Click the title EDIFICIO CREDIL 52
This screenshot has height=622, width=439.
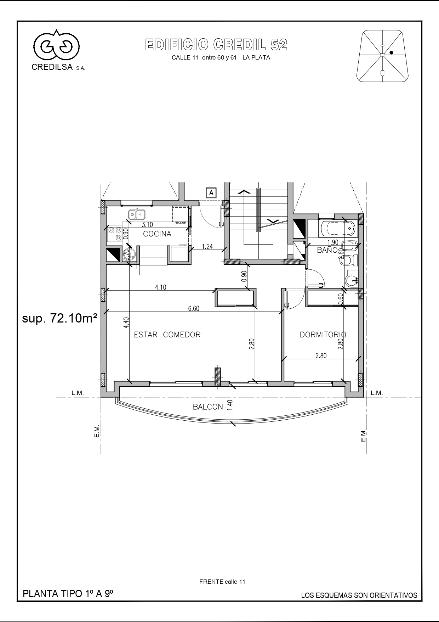point(216,45)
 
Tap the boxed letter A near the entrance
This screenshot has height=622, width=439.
point(211,193)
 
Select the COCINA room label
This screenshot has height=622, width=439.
point(157,234)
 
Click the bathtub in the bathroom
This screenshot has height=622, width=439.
point(337,229)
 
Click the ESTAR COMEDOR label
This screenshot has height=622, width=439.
point(167,335)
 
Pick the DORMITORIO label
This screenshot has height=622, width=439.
point(323,335)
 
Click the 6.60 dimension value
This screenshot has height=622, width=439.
point(194,309)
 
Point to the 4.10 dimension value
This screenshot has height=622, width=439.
point(161,287)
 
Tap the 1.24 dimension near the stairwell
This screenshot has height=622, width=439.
point(207,247)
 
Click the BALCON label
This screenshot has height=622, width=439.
point(208,407)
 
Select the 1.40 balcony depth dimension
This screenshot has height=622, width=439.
point(229,405)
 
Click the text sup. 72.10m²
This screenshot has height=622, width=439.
point(60,319)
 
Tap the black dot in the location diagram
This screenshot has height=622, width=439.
point(392,52)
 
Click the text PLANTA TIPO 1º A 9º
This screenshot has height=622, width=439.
point(68,594)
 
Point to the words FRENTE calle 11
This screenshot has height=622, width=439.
point(222,582)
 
